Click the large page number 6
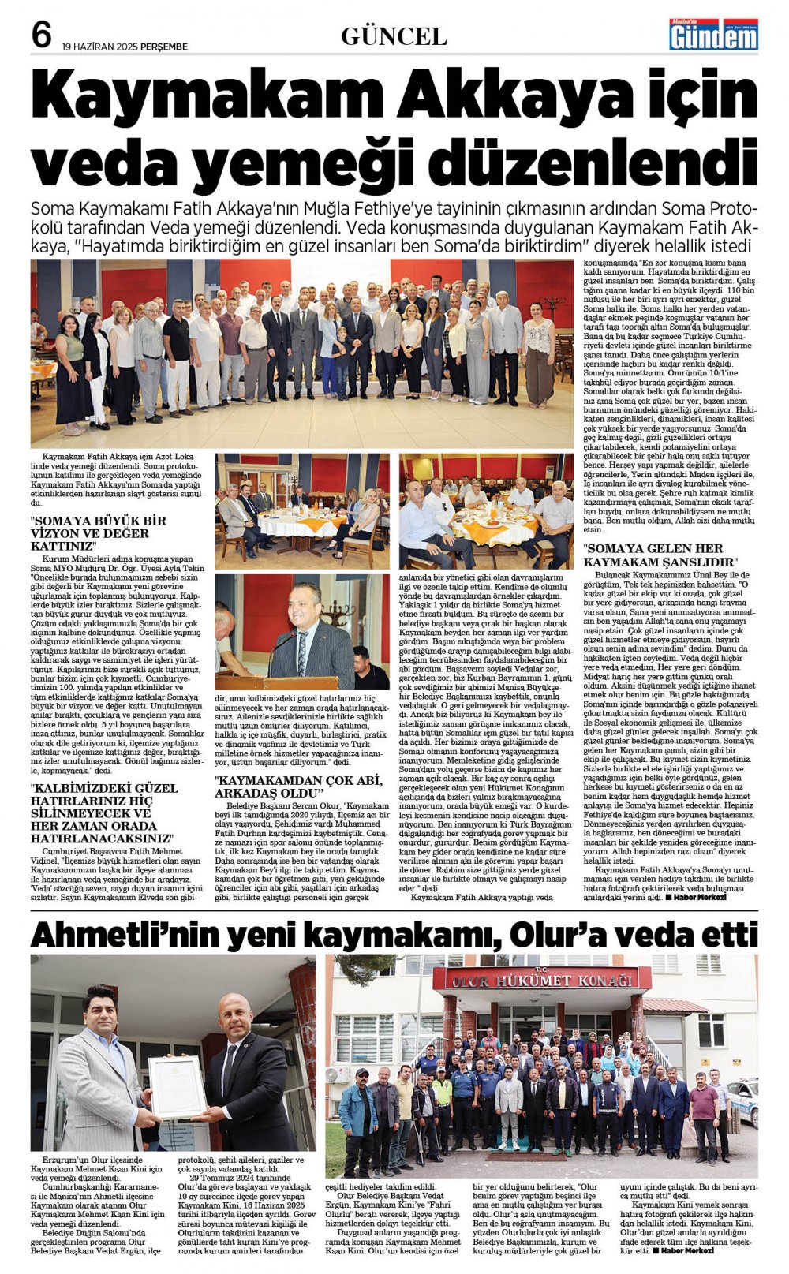click(42, 35)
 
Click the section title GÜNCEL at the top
click(394, 36)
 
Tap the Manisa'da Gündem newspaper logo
click(713, 35)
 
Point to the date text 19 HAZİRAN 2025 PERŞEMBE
click(125, 47)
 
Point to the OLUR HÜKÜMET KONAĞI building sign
click(542, 980)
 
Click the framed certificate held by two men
click(178, 1086)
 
